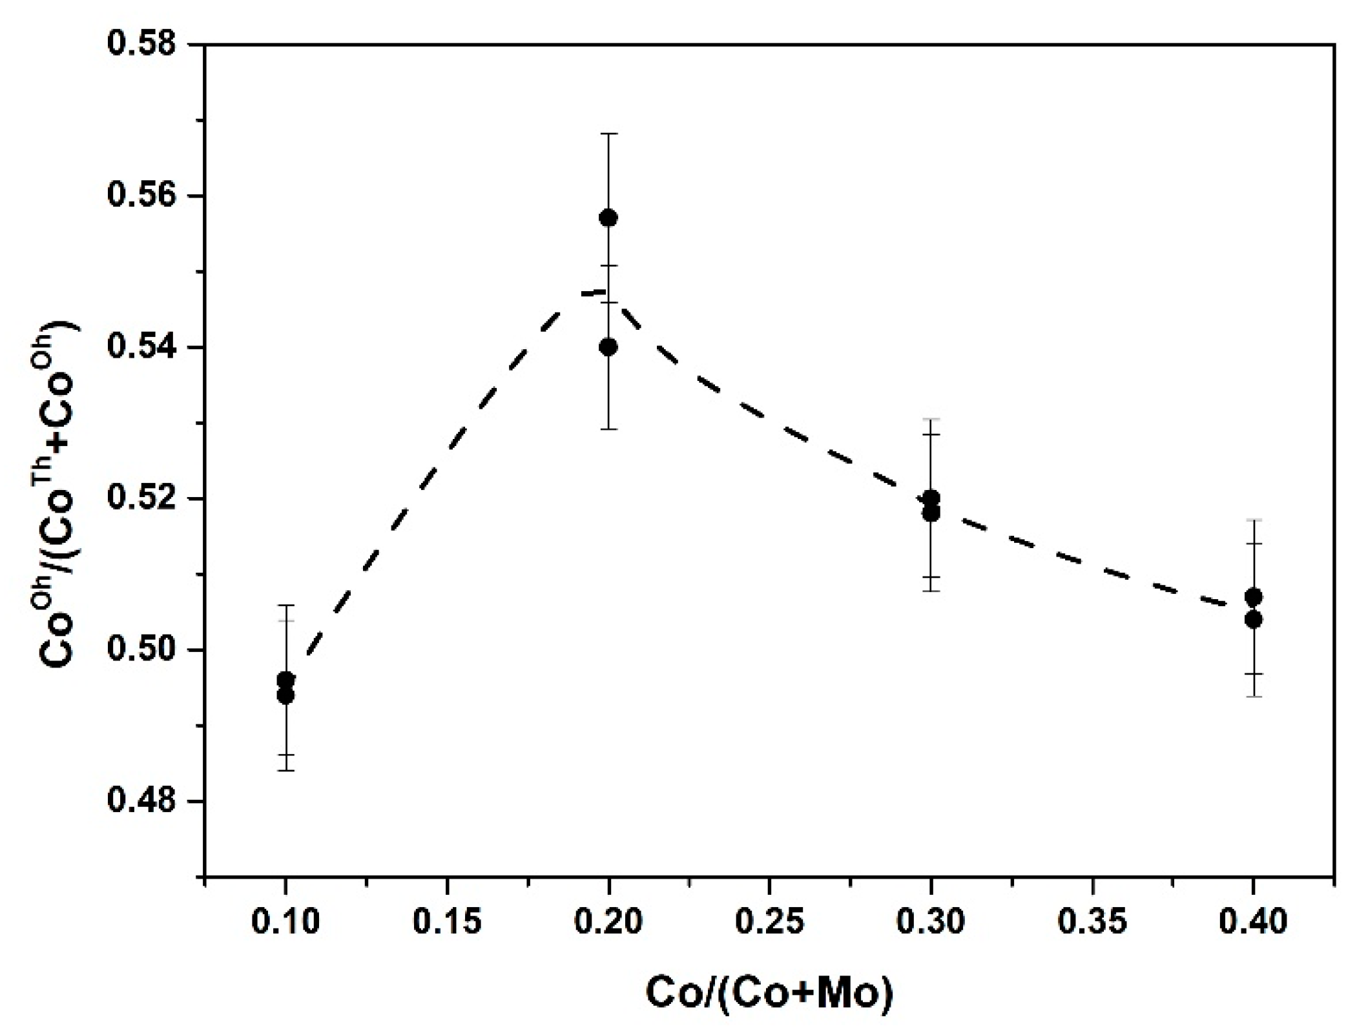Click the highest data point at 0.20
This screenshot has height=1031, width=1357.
(608, 218)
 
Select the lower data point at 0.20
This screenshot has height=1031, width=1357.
(608, 347)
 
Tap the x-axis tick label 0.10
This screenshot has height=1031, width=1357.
(285, 921)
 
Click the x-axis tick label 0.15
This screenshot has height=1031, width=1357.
(446, 921)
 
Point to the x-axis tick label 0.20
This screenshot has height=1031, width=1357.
(608, 921)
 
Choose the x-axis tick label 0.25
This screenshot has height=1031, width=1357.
(769, 921)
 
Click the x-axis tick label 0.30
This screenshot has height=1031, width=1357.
(931, 921)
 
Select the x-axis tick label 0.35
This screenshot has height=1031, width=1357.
(1092, 921)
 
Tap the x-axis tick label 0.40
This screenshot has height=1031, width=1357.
(1253, 921)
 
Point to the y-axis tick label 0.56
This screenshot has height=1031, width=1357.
(141, 196)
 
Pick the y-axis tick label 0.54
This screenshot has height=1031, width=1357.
(141, 347)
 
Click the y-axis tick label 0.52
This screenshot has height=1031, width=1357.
(141, 498)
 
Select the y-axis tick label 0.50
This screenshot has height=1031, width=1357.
(141, 649)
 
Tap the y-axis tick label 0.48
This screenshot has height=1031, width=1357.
(141, 801)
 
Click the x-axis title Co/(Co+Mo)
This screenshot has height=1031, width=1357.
(769, 993)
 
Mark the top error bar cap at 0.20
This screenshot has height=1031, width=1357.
(608, 134)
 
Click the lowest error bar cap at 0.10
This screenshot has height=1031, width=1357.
(285, 770)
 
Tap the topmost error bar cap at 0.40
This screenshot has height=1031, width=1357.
(1253, 520)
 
